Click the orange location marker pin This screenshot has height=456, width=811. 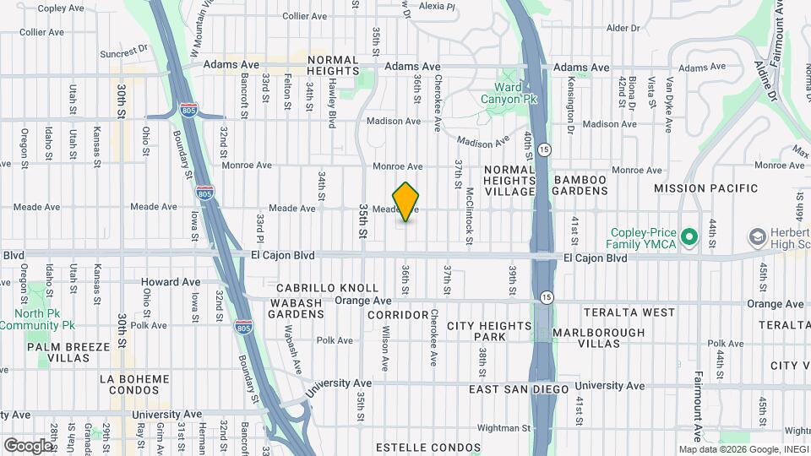click(406, 202)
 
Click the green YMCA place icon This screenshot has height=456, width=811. click(689, 237)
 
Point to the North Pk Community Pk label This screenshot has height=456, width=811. click(44, 319)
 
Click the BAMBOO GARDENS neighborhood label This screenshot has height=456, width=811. click(580, 186)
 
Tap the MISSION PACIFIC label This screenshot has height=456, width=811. click(705, 187)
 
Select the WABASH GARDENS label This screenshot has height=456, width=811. click(297, 308)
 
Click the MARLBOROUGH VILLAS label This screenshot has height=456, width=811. click(599, 338)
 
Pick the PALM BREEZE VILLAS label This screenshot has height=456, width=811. click(68, 352)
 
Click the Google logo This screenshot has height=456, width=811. click(27, 445)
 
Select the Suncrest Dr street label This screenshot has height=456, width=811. click(123, 52)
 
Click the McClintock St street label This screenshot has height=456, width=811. click(469, 210)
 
